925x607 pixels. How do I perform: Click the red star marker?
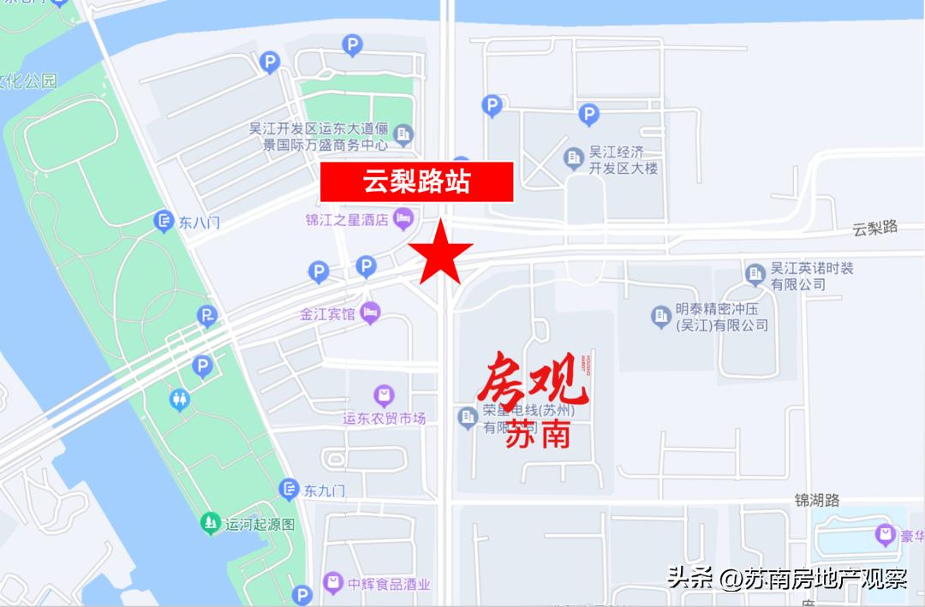(440, 253)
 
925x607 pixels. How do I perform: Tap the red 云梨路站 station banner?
(416, 182)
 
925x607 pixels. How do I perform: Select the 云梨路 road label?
(874, 228)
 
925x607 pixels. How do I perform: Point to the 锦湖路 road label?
(816, 500)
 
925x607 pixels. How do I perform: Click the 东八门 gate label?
(200, 222)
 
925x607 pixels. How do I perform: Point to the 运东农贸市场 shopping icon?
(384, 395)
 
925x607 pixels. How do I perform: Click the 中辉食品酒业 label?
(389, 585)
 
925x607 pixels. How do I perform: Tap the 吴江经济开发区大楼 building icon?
(574, 158)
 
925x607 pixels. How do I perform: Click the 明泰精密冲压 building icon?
(660, 317)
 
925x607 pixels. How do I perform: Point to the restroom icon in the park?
(180, 399)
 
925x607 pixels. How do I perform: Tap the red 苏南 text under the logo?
(537, 436)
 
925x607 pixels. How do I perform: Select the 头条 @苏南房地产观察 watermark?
(787, 579)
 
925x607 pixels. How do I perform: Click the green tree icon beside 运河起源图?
(210, 521)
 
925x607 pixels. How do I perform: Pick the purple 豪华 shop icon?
(885, 535)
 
